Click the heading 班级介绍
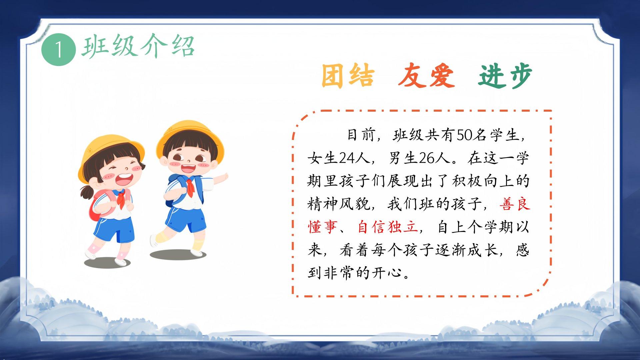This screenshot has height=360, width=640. [138, 46]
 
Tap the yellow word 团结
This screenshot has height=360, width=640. [348, 76]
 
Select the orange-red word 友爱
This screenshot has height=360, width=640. [426, 76]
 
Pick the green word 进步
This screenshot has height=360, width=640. [505, 76]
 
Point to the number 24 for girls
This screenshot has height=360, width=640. [347, 158]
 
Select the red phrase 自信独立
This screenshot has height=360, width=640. [388, 227]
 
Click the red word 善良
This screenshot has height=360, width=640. [515, 204]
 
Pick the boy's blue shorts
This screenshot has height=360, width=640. [185, 218]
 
